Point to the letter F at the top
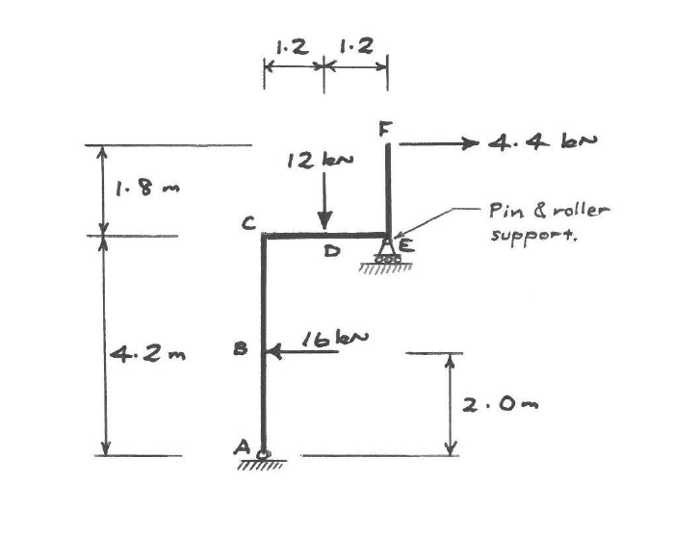click(x=386, y=127)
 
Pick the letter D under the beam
click(x=330, y=252)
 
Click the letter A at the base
click(x=243, y=447)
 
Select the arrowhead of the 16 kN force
click(x=272, y=352)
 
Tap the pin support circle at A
click(x=264, y=454)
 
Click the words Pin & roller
click(x=550, y=210)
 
